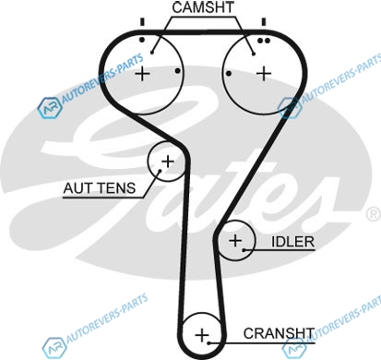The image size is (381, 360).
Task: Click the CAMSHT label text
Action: pyautogui.click(x=203, y=7)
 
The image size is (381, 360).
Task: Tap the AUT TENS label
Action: pyautogui.click(x=100, y=187)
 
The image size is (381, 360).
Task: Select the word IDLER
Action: pyautogui.click(x=292, y=242)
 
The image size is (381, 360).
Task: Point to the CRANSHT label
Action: pyautogui.click(x=279, y=333)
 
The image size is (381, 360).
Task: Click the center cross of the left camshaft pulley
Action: pyautogui.click(x=142, y=74)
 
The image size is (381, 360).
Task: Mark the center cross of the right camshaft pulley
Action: pyautogui.click(x=264, y=74)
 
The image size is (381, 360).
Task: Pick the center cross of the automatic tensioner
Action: pyautogui.click(x=168, y=162)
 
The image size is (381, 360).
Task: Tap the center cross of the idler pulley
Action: pyautogui.click(x=236, y=240)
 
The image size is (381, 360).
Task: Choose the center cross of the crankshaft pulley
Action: pyautogui.click(x=202, y=335)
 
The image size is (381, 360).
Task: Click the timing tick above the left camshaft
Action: pyautogui.click(x=142, y=22)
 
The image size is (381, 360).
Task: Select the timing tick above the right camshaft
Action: pyautogui.click(x=264, y=22)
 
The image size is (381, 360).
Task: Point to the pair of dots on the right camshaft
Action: pyautogui.click(x=264, y=41)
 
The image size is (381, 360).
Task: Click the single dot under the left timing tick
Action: pyautogui.click(x=142, y=40)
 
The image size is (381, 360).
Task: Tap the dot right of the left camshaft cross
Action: pyautogui.click(x=177, y=71)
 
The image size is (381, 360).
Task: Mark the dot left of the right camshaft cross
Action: pyautogui.click(x=229, y=74)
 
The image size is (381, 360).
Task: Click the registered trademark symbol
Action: pyautogui.click(x=374, y=214)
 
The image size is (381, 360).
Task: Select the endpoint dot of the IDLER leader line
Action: pyautogui.click(x=244, y=250)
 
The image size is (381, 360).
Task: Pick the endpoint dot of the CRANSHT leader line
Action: pyautogui.click(x=208, y=342)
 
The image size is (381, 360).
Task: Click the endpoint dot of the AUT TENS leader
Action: pyautogui.click(x=160, y=171)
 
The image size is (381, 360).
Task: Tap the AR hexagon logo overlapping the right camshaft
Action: pyautogui.click(x=289, y=107)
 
